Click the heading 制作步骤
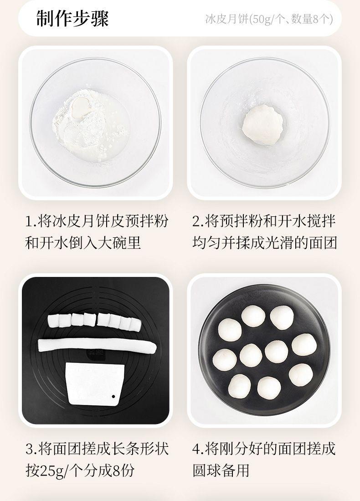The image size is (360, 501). [x=73, y=19]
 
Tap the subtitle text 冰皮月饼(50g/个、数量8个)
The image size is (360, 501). [x=269, y=20]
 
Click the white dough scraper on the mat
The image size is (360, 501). [x=95, y=383]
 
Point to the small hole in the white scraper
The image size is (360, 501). [x=113, y=397]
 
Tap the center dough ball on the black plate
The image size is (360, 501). [x=251, y=355]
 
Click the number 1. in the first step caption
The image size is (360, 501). [x=31, y=222]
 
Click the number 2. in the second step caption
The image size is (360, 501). [x=198, y=222]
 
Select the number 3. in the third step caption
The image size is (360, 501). [x=31, y=449]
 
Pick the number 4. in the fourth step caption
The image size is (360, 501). [x=198, y=449]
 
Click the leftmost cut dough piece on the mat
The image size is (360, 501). [x=54, y=320]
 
